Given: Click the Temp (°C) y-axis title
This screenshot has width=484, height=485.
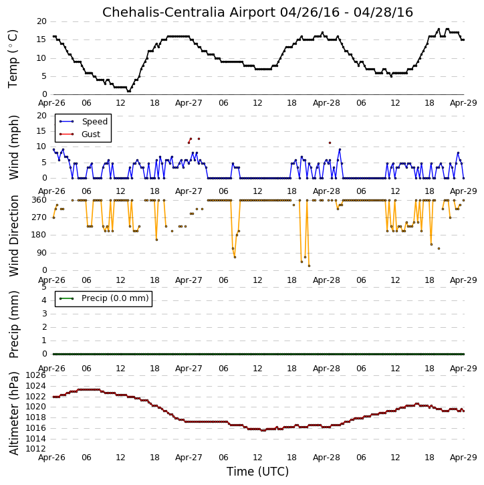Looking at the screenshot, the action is pos(13,59).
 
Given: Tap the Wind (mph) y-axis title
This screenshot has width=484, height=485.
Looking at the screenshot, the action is pos(13,147).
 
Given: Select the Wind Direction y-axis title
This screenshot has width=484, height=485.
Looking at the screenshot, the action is pos(13,235).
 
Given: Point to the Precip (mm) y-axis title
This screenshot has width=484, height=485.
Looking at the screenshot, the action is pos(13,324).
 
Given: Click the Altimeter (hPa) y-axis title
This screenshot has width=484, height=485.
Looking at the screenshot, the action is pos(13,413).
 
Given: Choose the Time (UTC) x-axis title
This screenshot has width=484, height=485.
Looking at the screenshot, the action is pos(257,472).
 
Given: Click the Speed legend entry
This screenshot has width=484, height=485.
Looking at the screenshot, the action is pos(94,122).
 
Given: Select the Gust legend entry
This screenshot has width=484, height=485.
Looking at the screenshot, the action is pos(91,134).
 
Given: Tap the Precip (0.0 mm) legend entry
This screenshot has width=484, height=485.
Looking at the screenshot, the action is pos(115,298).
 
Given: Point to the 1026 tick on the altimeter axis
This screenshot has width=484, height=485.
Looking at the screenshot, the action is pos(36,375).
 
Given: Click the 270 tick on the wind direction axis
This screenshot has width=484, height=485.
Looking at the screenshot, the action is pos(39,217).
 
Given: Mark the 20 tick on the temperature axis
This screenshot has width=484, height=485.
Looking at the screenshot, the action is pos(41,21).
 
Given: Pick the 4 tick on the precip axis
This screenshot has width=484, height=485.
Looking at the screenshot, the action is pos(44,300).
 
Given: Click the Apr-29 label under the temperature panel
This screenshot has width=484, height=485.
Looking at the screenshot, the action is pos(463,103).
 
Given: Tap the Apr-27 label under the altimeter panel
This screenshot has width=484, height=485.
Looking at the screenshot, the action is pos(189,457).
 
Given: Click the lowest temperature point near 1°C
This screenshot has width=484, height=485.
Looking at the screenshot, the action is pos(129,91).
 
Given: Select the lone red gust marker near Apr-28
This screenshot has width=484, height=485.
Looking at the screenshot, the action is pos(330,143).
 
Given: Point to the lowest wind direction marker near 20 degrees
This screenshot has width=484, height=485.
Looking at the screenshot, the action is pos(309,266).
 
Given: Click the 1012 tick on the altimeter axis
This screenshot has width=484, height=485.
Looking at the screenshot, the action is pos(36,449).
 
